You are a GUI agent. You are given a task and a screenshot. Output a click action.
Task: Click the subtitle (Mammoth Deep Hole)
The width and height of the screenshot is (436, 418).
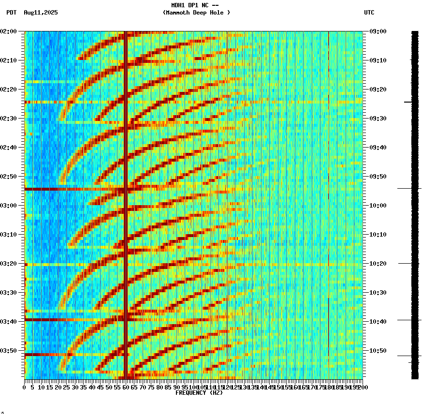coord(196,13)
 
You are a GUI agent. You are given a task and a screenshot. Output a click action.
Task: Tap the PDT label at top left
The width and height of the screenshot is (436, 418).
coord(11,13)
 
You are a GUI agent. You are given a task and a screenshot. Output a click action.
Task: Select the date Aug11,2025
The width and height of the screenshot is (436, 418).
coord(41,13)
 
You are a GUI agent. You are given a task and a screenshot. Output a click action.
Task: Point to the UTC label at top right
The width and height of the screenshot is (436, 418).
coord(369,13)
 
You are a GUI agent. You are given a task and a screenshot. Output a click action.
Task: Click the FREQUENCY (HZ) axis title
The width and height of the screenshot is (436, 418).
coord(199,393)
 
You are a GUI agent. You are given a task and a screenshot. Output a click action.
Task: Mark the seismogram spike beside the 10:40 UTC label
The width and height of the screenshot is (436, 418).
coord(409,320)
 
